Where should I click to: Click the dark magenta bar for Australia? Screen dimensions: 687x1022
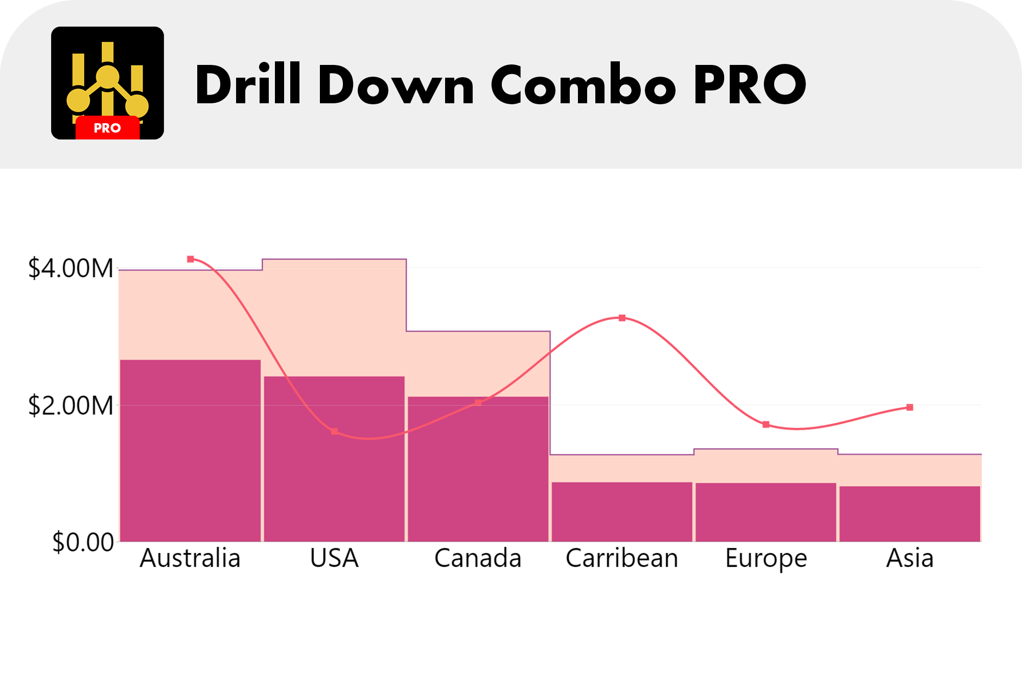(x=190, y=450)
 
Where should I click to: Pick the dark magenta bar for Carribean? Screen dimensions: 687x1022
(x=622, y=511)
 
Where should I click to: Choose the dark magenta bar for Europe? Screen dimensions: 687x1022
(x=765, y=512)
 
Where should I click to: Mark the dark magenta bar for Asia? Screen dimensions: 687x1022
(x=910, y=513)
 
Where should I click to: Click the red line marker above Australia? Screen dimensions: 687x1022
(x=191, y=259)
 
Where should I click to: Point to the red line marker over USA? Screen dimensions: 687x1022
(x=334, y=431)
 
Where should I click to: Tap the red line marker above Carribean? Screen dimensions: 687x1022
(x=622, y=318)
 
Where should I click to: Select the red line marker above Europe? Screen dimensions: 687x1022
(x=766, y=424)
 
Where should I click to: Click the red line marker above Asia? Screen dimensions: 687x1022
(x=910, y=407)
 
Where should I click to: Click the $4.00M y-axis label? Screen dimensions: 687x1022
(x=71, y=268)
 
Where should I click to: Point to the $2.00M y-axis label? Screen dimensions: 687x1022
(x=71, y=406)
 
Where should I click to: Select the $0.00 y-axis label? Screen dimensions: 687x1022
(x=83, y=542)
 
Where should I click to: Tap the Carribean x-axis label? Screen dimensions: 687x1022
(x=622, y=558)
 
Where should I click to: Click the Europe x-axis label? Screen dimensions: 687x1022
(x=765, y=558)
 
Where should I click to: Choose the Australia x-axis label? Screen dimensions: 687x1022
(x=190, y=558)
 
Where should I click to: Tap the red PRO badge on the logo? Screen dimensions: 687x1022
(x=107, y=128)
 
